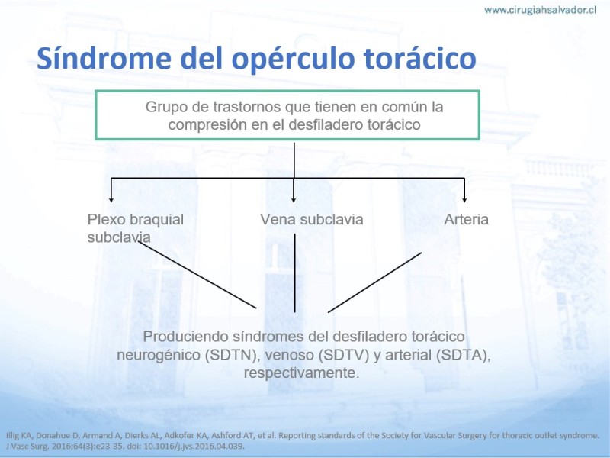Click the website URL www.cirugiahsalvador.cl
pyautogui.click(x=540, y=10)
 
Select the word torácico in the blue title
pyautogui.click(x=420, y=58)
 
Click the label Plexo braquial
pyautogui.click(x=136, y=219)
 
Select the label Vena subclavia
pyautogui.click(x=312, y=219)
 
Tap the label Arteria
pyautogui.click(x=466, y=219)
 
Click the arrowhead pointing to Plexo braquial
pyautogui.click(x=111, y=199)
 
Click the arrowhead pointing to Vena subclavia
pyautogui.click(x=294, y=199)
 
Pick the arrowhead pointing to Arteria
pyautogui.click(x=464, y=199)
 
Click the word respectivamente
pyautogui.click(x=300, y=373)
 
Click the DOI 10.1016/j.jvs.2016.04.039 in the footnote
pyautogui.click(x=194, y=447)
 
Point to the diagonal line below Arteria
pyautogui.click(x=374, y=282)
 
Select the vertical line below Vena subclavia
pyautogui.click(x=294, y=273)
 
